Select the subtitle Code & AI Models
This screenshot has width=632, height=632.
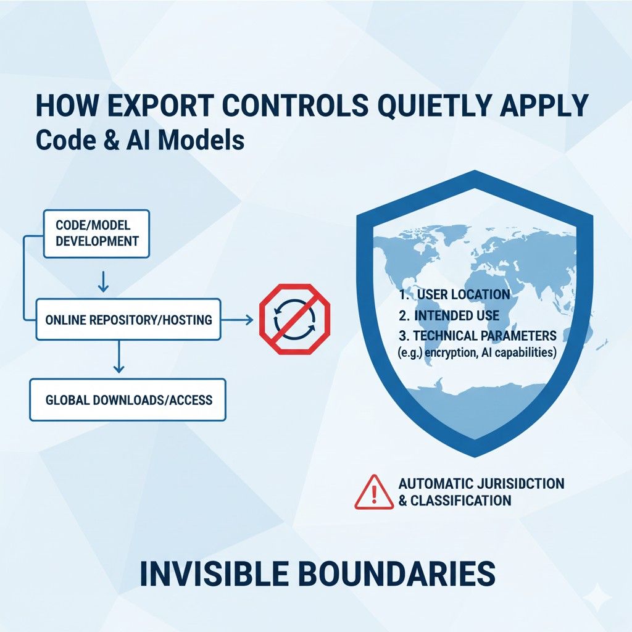pos(140,140)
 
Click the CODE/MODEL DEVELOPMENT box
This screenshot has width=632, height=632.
pos(96,233)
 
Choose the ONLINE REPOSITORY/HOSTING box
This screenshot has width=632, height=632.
pos(128,320)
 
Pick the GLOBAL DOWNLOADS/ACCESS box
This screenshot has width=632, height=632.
pos(128,400)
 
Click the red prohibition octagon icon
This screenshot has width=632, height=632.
pos(294,319)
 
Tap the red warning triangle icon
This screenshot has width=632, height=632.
pos(373,492)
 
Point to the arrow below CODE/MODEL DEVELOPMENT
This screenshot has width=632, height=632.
pos(104,281)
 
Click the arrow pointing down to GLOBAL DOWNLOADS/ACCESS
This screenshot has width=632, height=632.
pos(118,357)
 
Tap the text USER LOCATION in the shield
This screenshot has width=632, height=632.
pos(464,294)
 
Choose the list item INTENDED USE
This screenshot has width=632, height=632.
pos(457,315)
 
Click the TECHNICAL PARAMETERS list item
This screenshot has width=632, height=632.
pos(485,335)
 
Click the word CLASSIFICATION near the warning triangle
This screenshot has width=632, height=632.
pos(460,501)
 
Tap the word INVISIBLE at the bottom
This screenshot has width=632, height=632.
pos(214,573)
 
